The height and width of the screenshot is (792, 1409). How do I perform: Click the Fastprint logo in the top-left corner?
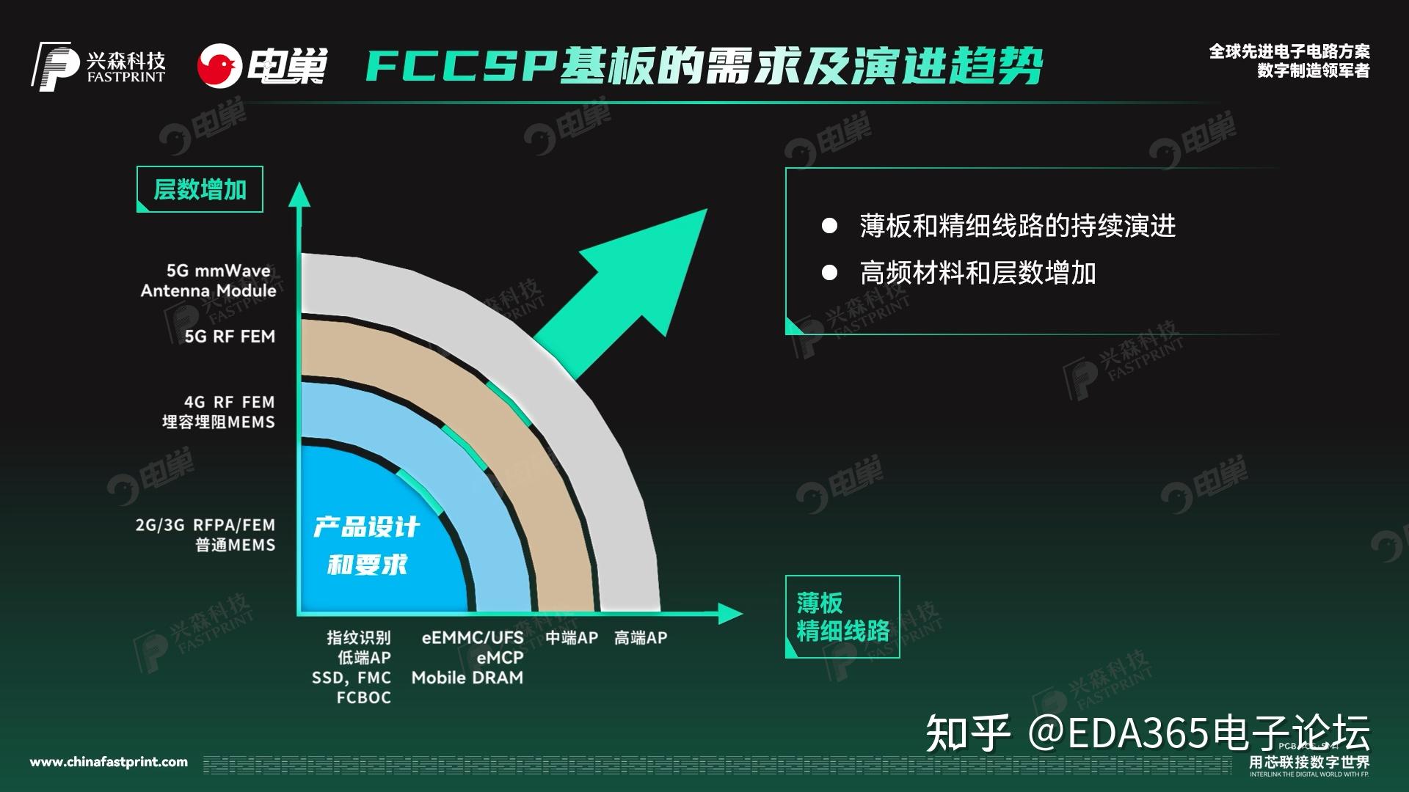coord(98,66)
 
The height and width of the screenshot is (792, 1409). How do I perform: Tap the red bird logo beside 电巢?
coord(219,66)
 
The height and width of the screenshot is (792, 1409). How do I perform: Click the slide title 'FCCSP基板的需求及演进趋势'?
coord(703,67)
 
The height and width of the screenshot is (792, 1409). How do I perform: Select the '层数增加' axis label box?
coord(200,190)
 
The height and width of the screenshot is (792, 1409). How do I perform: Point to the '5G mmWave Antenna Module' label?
coord(208,281)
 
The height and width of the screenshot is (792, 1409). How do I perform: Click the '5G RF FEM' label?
coord(230,337)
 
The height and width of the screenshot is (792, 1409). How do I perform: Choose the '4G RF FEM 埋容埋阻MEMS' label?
coord(219,412)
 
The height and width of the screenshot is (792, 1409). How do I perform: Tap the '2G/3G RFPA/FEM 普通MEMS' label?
coord(205,535)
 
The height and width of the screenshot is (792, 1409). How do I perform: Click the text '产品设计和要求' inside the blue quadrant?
coord(366,546)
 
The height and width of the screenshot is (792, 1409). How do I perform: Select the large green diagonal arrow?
coord(624,293)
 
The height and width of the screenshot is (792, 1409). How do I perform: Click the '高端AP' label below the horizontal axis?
coord(641,638)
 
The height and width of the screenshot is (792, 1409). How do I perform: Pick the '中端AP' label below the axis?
coord(572,638)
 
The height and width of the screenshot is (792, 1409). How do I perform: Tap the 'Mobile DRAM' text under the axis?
coord(467,678)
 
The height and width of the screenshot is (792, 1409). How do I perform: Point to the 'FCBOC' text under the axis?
coord(364,697)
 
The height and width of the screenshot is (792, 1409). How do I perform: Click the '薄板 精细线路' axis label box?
coord(842,617)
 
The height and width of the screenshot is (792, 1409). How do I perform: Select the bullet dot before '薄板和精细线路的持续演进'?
coord(829,226)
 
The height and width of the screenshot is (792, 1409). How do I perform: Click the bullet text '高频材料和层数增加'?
coord(977,274)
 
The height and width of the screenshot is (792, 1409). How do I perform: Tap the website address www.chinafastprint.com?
coord(109,763)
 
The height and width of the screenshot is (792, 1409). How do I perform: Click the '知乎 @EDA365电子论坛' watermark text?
coord(1147,732)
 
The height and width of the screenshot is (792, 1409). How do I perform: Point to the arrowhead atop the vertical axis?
coord(299,194)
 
